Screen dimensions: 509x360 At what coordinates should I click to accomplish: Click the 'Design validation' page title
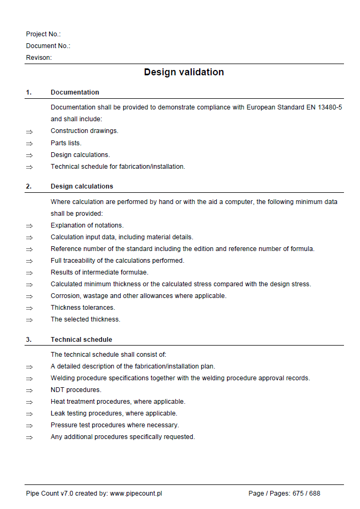[x=184, y=72]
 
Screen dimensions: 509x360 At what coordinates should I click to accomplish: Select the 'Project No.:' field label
[x=43, y=34]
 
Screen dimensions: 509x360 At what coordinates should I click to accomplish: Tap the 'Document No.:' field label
[x=48, y=46]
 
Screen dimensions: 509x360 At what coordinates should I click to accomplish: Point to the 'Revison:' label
[x=39, y=58]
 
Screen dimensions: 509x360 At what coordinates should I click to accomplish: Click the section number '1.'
[x=29, y=92]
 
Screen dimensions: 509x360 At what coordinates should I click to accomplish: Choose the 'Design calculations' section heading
[x=82, y=186]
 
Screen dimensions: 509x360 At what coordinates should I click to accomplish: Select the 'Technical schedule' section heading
[x=81, y=340]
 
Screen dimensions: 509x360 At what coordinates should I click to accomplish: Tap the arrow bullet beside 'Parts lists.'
[x=29, y=144]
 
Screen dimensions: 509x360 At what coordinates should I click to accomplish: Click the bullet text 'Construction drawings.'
[x=84, y=131]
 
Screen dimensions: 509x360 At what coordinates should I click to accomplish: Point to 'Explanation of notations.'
[x=87, y=225]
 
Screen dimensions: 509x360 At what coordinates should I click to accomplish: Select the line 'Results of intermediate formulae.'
[x=99, y=272]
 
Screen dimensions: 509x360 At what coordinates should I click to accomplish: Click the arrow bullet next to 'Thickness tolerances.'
[x=29, y=308]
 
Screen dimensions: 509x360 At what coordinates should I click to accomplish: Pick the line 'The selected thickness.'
[x=85, y=319]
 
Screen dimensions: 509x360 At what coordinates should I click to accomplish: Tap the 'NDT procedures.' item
[x=76, y=390]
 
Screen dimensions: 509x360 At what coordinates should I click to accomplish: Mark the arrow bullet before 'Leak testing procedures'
[x=29, y=414]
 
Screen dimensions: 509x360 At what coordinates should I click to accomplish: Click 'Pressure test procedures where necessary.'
[x=115, y=425]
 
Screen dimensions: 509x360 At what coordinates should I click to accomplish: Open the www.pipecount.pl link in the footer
[x=136, y=494]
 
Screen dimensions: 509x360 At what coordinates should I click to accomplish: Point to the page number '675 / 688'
[x=306, y=494]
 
